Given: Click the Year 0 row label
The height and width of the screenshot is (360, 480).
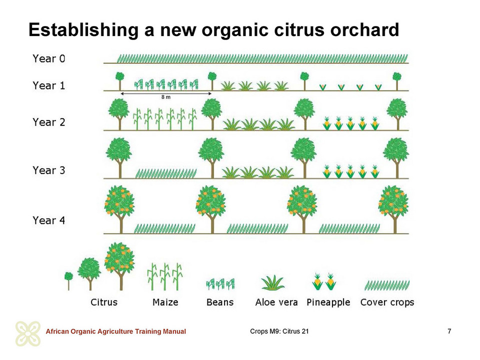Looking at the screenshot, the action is [x=49, y=58].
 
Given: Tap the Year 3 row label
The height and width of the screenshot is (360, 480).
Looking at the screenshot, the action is [x=49, y=170].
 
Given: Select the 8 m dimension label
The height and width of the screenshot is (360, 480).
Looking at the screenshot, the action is [x=166, y=97].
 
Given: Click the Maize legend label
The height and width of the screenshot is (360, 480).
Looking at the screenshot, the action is [x=165, y=302].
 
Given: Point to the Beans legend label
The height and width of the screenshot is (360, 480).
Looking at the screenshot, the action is [x=220, y=302].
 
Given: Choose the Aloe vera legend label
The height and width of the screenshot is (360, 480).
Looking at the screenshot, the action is [x=276, y=302].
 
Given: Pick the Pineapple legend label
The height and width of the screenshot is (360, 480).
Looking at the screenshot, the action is [x=328, y=302].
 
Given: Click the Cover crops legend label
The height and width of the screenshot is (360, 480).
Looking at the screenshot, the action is [x=387, y=302].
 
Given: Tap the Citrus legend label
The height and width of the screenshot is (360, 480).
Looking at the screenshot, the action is [x=104, y=302].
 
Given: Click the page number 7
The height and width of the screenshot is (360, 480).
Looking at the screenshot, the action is [x=449, y=331].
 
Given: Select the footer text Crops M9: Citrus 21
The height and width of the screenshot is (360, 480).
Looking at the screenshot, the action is [x=279, y=331].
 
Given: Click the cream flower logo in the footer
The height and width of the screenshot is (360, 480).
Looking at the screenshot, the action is [x=28, y=333].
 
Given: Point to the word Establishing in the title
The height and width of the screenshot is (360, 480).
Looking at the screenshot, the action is [x=83, y=30].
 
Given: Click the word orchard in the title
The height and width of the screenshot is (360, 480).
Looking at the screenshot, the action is [x=364, y=29].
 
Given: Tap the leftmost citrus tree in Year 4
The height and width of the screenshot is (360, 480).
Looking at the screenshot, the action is [x=119, y=209].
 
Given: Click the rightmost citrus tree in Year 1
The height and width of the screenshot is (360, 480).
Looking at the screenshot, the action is [x=397, y=81].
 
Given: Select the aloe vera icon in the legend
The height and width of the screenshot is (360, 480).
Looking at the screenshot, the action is [x=273, y=282].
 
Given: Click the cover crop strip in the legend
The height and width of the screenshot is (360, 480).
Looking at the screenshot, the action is [x=387, y=285].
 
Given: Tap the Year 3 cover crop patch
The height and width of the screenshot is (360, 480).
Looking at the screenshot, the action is [x=166, y=173].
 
